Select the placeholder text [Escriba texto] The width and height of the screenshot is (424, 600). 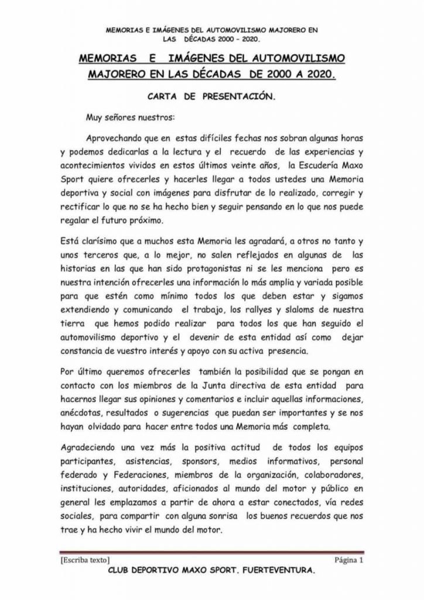83,559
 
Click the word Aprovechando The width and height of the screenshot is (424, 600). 118,140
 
